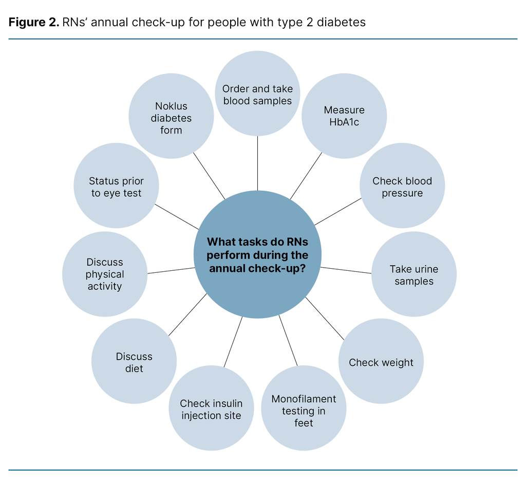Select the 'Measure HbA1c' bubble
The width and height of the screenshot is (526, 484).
tap(344, 116)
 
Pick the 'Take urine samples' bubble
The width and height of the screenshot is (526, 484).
tap(414, 274)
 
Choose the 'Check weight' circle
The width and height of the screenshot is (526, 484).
tap(381, 362)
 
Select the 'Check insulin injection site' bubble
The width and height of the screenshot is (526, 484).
tap(211, 409)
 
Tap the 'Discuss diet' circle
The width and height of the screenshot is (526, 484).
tap(134, 362)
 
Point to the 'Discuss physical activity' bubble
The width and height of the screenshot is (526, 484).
tap(105, 274)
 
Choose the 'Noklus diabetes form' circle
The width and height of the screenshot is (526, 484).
tap(171, 117)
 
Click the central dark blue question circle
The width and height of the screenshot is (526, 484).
tap(257, 255)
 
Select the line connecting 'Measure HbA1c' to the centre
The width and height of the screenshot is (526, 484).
tap(306, 176)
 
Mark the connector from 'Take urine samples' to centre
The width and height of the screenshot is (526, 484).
tap(346, 270)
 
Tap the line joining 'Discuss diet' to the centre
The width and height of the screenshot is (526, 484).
tap(187, 314)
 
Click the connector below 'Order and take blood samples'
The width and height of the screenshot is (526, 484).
tap(257, 163)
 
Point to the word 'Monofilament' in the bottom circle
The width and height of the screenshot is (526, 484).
tap(304, 399)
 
